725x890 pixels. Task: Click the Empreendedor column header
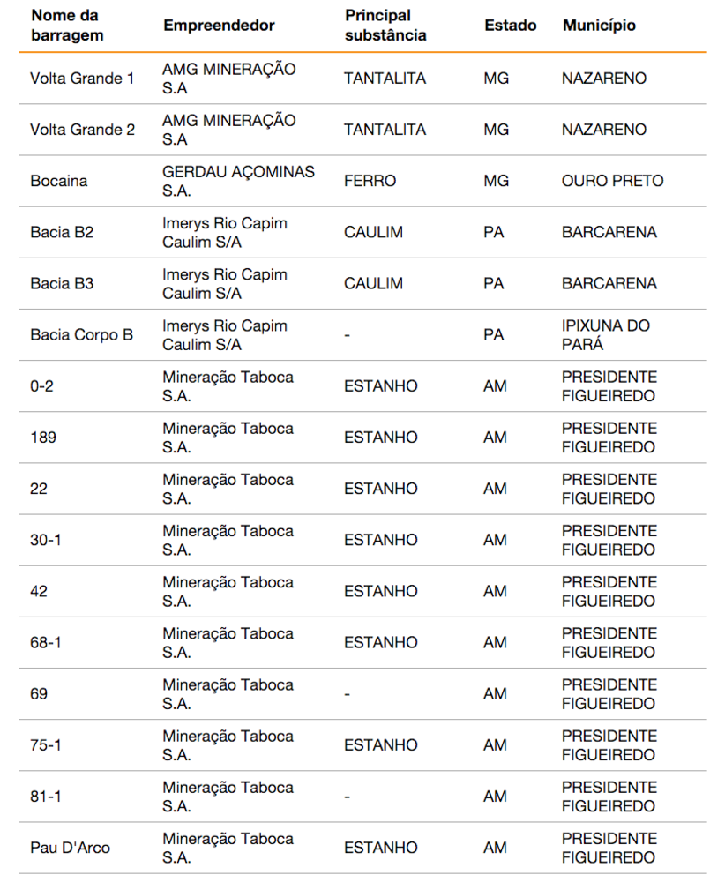[219, 26]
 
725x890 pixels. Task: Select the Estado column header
[510, 26]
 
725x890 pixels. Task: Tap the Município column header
[599, 26]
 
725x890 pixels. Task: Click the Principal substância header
[385, 26]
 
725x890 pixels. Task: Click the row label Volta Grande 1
[82, 79]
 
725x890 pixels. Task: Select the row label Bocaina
[58, 181]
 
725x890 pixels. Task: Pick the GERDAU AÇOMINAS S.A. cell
[238, 181]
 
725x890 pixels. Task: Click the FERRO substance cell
[370, 181]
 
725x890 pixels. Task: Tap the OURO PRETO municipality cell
[612, 181]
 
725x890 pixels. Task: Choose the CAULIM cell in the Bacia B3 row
[373, 283]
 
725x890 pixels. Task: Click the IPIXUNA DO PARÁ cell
[606, 334]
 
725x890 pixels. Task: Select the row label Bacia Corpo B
[81, 334]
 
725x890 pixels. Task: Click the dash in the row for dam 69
[348, 694]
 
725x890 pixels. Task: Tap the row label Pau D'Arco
[70, 848]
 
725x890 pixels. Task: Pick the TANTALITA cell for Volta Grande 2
[385, 130]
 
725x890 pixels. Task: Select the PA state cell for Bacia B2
[493, 232]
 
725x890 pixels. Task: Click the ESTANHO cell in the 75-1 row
[380, 745]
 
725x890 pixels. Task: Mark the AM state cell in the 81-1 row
[495, 797]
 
